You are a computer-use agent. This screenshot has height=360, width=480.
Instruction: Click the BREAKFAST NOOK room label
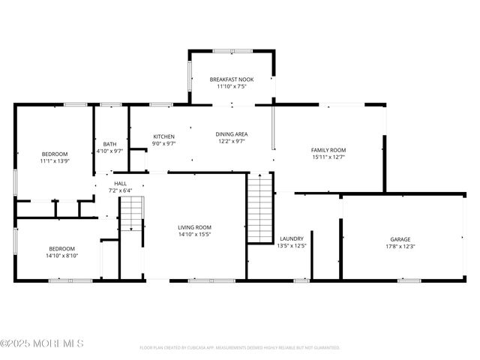(x=231, y=79)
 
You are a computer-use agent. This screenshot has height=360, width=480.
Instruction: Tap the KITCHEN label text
(x=163, y=136)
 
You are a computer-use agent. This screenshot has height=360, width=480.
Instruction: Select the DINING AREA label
(x=232, y=134)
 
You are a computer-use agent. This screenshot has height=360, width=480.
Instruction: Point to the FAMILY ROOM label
(x=328, y=150)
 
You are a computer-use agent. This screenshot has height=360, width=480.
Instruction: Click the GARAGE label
(x=400, y=239)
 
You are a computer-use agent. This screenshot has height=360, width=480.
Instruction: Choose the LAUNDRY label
(x=291, y=238)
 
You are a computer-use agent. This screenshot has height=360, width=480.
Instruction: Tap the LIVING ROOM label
(x=194, y=227)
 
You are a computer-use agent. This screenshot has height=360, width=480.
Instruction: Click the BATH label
(x=109, y=144)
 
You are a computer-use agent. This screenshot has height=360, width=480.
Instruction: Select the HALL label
(x=120, y=183)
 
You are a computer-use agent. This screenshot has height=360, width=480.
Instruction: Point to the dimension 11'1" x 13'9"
(x=54, y=160)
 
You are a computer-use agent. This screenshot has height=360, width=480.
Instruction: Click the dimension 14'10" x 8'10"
(x=63, y=255)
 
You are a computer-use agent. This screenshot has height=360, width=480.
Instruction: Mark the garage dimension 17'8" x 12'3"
(x=400, y=246)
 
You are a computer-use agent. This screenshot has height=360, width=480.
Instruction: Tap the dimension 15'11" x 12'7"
(x=328, y=157)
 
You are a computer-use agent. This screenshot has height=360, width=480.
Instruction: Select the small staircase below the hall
(x=131, y=213)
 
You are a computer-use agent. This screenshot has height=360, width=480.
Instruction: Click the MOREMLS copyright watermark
(x=42, y=343)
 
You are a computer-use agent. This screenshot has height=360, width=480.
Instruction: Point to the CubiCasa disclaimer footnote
(x=240, y=347)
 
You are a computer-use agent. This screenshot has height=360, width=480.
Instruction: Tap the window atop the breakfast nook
(x=232, y=51)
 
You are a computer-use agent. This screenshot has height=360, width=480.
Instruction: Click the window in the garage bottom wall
(x=409, y=281)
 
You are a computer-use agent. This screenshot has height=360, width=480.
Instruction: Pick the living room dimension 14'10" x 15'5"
(x=194, y=234)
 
